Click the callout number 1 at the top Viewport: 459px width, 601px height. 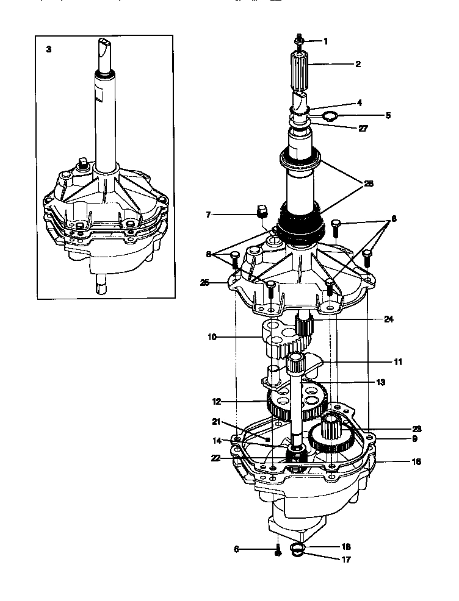(x=325, y=41)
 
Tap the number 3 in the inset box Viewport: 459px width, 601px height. (x=49, y=49)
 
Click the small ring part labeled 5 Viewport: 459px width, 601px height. (x=330, y=116)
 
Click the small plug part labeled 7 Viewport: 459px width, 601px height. (x=261, y=212)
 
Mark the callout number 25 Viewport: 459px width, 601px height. (x=204, y=282)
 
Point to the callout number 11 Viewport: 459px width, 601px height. (x=397, y=361)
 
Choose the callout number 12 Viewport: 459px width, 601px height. (x=215, y=402)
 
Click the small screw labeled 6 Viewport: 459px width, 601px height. (x=276, y=550)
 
